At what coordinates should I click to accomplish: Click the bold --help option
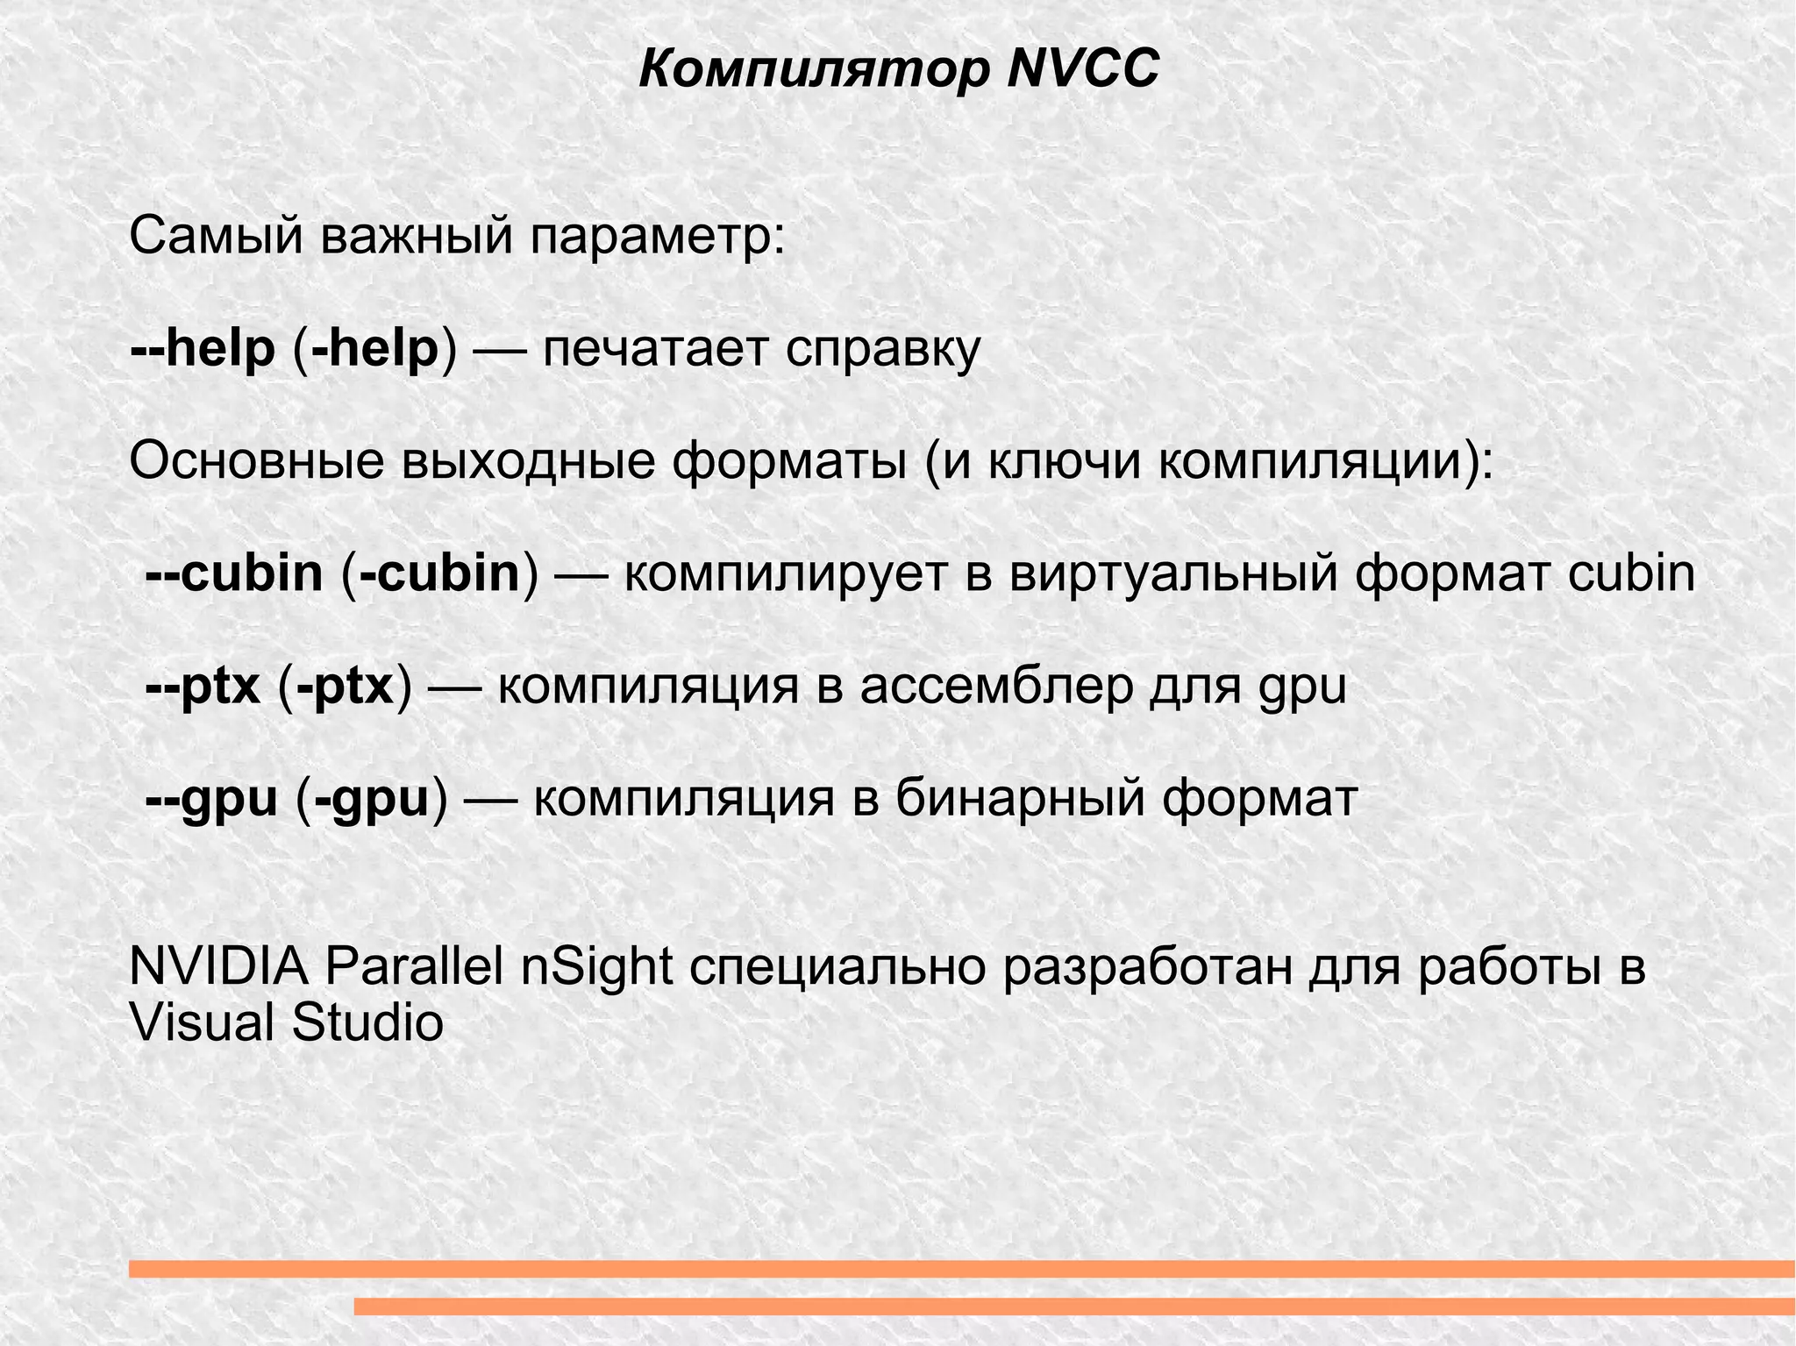pos(203,348)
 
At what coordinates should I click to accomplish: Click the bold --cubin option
pos(235,573)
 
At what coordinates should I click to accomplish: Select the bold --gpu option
pos(211,800)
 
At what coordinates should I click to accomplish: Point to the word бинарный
pos(1021,800)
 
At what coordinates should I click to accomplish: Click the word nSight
pos(597,966)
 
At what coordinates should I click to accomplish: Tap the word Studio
pos(367,1022)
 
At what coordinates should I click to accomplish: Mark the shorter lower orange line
pos(1074,1307)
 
